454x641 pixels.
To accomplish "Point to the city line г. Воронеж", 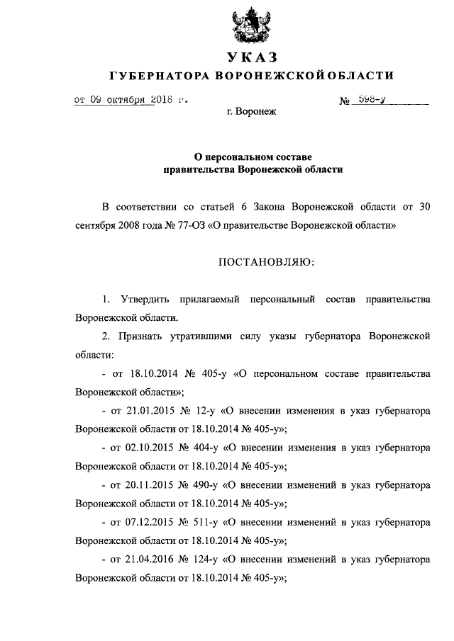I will pos(250,113).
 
